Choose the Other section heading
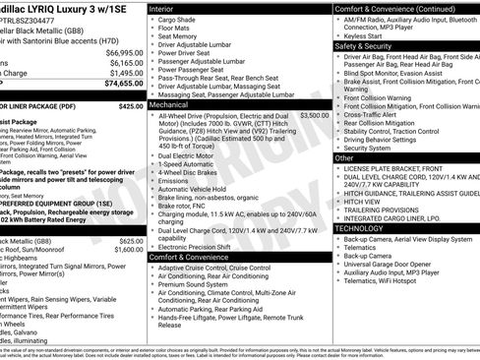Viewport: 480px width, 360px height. point(345,157)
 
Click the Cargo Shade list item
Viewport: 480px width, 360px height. point(181,20)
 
